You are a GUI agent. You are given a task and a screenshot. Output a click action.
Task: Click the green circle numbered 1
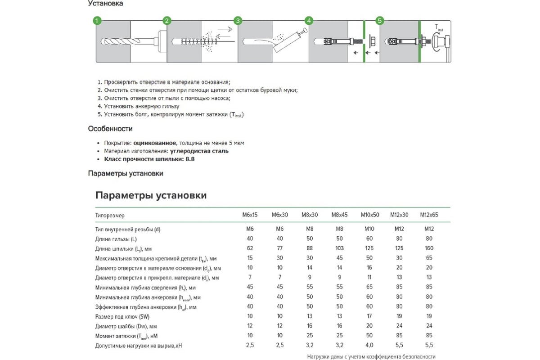pyautogui.click(x=96, y=21)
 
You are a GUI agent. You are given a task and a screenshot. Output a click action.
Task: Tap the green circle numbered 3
pyautogui.click(x=238, y=21)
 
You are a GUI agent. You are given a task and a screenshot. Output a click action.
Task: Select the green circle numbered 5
pyautogui.click(x=380, y=21)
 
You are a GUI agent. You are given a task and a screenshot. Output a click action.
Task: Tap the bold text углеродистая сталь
pyautogui.click(x=200, y=151)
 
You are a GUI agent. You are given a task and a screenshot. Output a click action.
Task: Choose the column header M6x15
pyautogui.click(x=250, y=215)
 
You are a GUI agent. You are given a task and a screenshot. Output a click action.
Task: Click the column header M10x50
pyautogui.click(x=370, y=215)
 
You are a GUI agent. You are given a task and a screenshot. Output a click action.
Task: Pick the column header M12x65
pyautogui.click(x=429, y=215)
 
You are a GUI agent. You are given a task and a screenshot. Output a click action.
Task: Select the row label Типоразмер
pyautogui.click(x=110, y=216)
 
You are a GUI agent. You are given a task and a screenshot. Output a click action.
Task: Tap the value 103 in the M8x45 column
pyautogui.click(x=340, y=248)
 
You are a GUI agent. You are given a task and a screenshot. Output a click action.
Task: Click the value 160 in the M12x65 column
pyautogui.click(x=429, y=248)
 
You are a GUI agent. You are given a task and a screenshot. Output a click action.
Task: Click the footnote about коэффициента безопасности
pyautogui.click(x=372, y=356)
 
